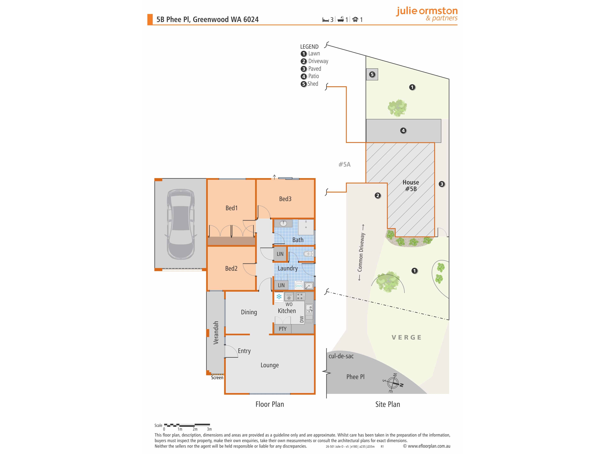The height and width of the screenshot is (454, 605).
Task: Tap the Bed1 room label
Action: click(231, 208)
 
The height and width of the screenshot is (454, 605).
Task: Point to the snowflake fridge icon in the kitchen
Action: click(279, 297)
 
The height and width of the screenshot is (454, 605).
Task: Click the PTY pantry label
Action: click(282, 329)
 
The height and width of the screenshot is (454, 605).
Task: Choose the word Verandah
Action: click(216, 332)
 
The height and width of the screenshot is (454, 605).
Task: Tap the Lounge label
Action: click(270, 365)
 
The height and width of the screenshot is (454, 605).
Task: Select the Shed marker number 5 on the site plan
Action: click(372, 74)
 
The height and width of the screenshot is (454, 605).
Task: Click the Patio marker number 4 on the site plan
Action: click(403, 131)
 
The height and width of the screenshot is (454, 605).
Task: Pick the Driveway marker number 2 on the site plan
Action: click(378, 195)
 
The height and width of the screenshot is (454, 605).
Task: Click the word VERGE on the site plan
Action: click(406, 337)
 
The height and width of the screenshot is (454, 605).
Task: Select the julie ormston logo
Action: click(427, 14)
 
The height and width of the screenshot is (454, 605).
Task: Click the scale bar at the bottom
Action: click(187, 425)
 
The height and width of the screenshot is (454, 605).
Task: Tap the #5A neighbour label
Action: click(344, 164)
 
